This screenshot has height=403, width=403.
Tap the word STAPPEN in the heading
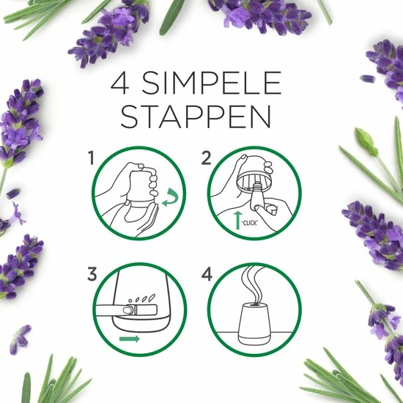(x=196, y=117)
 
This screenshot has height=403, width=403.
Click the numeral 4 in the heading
(x=119, y=83)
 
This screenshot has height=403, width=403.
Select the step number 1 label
(x=91, y=158)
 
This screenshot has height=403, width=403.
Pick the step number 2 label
(x=207, y=158)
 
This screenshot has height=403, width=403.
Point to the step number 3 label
(x=92, y=274)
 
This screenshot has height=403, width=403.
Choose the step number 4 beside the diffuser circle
(x=207, y=274)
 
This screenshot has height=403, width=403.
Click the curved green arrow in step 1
(x=171, y=197)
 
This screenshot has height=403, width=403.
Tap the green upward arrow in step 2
(x=238, y=220)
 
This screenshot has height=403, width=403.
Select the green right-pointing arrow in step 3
(x=130, y=339)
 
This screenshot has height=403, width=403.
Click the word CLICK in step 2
(x=250, y=223)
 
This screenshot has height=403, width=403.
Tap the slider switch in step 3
(x=141, y=310)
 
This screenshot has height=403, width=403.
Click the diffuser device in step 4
(x=254, y=323)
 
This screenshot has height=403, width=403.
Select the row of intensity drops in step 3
(x=142, y=298)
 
